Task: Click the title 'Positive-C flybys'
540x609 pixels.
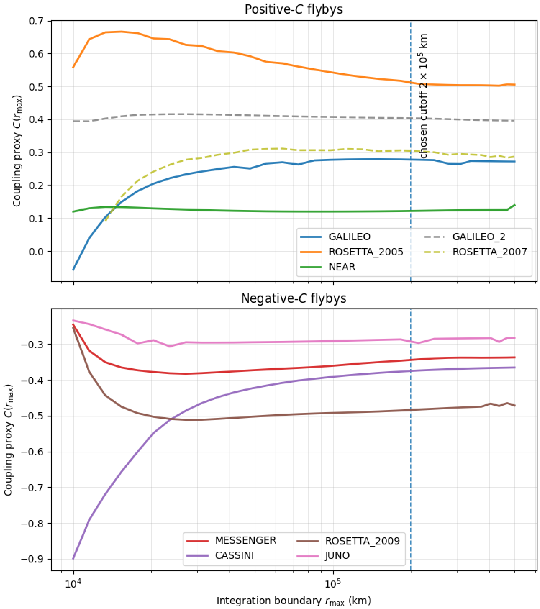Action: (x=294, y=10)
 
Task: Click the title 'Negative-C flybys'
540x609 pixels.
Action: (x=294, y=298)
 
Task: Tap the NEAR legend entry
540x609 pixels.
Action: (x=342, y=267)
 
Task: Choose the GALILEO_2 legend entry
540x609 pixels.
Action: (x=479, y=237)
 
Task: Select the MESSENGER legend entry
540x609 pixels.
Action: (x=246, y=541)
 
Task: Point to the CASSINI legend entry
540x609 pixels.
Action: (x=234, y=556)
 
